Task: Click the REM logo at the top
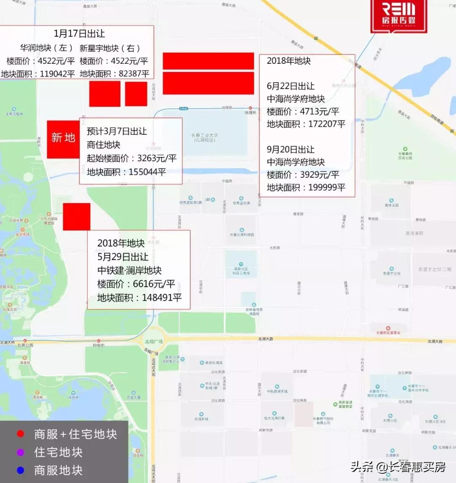[399, 15]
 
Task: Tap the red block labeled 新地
[63, 138]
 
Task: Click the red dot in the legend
[20, 434]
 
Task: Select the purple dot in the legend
[20, 452]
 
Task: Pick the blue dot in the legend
[20, 470]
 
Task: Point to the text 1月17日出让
[79, 34]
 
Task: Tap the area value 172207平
[324, 124]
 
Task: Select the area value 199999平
[324, 187]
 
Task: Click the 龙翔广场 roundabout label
[155, 342]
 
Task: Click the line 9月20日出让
[290, 149]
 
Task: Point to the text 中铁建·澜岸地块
[130, 270]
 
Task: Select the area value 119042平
[57, 74]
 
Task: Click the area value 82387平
[134, 74]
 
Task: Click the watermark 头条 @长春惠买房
[398, 467]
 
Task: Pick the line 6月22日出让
[290, 86]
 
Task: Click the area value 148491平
[162, 297]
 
